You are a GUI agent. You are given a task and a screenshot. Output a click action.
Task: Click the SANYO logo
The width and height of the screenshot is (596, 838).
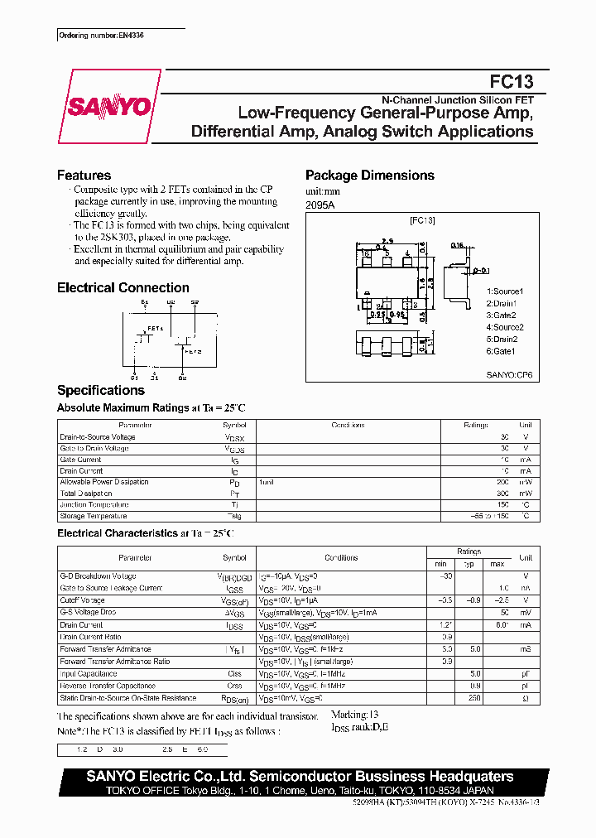(x=109, y=107)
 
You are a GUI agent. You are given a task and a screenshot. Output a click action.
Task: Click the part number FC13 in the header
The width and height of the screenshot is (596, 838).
(x=511, y=81)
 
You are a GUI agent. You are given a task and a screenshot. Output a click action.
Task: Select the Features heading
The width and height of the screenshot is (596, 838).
(x=84, y=176)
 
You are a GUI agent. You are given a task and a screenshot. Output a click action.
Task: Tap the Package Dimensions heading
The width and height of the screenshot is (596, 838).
(x=369, y=176)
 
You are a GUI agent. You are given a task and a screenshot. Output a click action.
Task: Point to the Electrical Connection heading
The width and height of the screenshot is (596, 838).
(x=123, y=288)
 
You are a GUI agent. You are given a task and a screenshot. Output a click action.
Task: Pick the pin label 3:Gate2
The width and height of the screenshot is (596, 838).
(x=502, y=315)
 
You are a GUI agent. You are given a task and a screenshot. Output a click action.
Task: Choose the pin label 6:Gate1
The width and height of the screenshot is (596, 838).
(x=502, y=350)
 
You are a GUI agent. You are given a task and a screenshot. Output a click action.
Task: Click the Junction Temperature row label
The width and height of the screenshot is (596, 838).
(x=94, y=504)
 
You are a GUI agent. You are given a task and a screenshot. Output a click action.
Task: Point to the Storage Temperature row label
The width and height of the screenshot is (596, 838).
(x=94, y=516)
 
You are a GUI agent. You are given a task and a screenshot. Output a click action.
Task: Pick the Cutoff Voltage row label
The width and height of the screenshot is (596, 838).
(x=82, y=600)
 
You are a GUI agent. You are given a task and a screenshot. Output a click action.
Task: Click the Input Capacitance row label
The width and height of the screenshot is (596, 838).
(x=88, y=674)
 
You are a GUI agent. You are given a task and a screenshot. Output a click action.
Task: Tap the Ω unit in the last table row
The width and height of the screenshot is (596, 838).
(x=525, y=698)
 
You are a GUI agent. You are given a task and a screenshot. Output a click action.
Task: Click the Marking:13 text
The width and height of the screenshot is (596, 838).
(x=354, y=714)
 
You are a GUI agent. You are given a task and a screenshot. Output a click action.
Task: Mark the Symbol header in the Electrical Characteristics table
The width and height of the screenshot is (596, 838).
(x=234, y=558)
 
